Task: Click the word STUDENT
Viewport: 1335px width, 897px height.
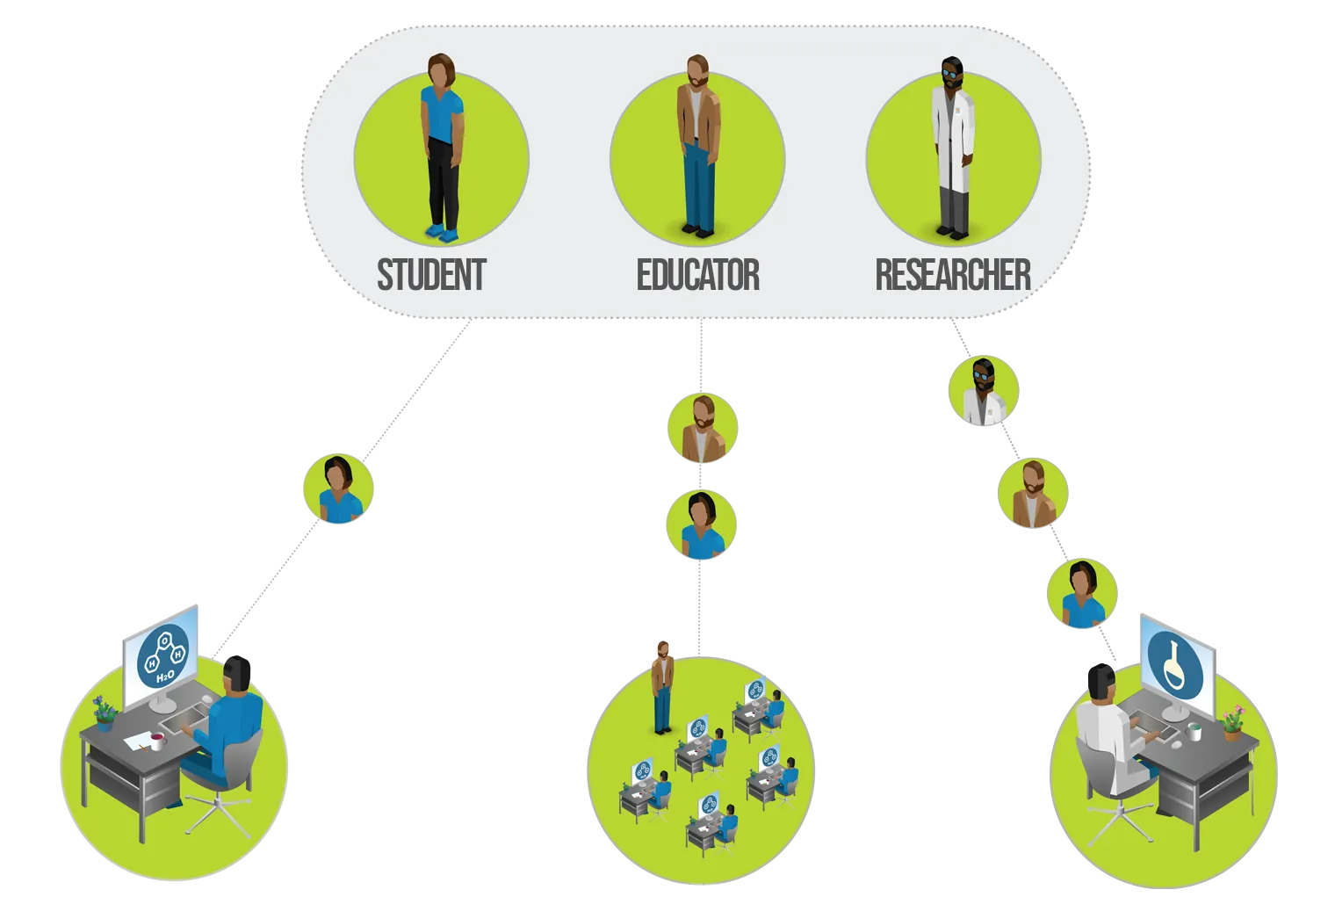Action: [431, 275]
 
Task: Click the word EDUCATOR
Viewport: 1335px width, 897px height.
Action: [697, 275]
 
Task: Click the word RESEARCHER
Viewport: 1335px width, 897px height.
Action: [953, 275]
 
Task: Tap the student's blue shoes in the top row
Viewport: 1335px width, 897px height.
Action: [442, 233]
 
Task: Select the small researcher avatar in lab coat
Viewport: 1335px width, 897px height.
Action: [984, 392]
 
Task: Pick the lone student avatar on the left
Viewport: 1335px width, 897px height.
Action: [338, 490]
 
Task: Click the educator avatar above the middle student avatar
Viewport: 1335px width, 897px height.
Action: [702, 429]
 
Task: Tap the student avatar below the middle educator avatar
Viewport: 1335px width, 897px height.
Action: [701, 525]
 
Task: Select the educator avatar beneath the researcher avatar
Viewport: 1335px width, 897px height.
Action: [1033, 493]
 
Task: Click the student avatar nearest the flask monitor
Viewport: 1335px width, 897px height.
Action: [1082, 595]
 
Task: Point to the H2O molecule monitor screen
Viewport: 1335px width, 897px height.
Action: [163, 659]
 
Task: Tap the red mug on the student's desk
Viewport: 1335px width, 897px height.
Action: [158, 741]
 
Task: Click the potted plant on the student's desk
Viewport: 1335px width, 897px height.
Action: [105, 713]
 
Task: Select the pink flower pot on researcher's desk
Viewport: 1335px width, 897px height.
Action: [1232, 722]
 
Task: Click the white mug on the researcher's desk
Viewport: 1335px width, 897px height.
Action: [1194, 731]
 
